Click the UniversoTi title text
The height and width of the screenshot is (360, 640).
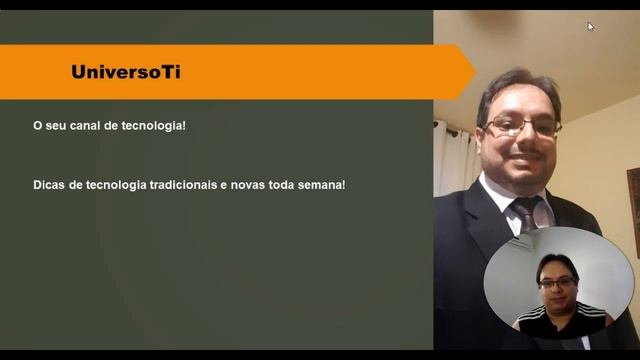(x=126, y=72)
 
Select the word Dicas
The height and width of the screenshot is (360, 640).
(x=51, y=185)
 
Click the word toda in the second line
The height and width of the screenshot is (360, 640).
(x=282, y=185)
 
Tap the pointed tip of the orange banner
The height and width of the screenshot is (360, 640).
(x=474, y=72)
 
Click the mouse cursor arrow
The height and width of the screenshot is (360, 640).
(x=590, y=26)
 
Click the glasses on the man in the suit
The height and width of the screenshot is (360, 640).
(x=522, y=126)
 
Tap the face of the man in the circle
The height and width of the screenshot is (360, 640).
(x=557, y=282)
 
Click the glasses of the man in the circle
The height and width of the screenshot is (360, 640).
(x=557, y=282)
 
